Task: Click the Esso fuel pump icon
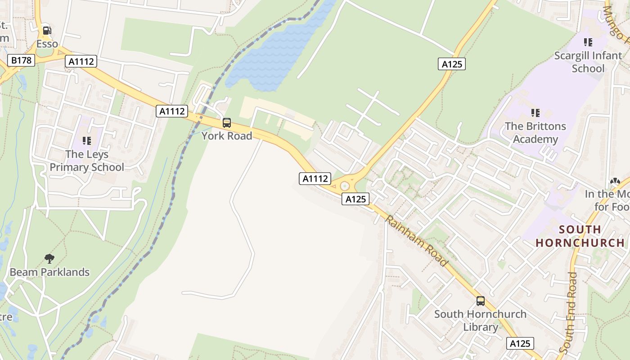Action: tap(47, 31)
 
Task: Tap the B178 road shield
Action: tap(21, 60)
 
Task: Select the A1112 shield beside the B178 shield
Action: tap(81, 61)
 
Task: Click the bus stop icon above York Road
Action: tap(227, 123)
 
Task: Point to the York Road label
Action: tap(227, 135)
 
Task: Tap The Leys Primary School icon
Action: tap(87, 141)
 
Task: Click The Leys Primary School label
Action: tap(87, 161)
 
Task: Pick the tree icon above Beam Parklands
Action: tap(49, 259)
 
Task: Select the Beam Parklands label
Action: tap(49, 272)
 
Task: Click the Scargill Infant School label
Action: tap(588, 62)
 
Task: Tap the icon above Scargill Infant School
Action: tap(588, 43)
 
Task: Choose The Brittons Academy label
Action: tap(535, 132)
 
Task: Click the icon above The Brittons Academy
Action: tap(535, 112)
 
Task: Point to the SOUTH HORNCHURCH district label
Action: tap(580, 236)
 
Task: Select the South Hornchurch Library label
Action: tap(480, 320)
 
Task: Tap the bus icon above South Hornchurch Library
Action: tap(481, 301)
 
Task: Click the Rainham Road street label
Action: tap(417, 241)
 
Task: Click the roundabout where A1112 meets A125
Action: tap(345, 186)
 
